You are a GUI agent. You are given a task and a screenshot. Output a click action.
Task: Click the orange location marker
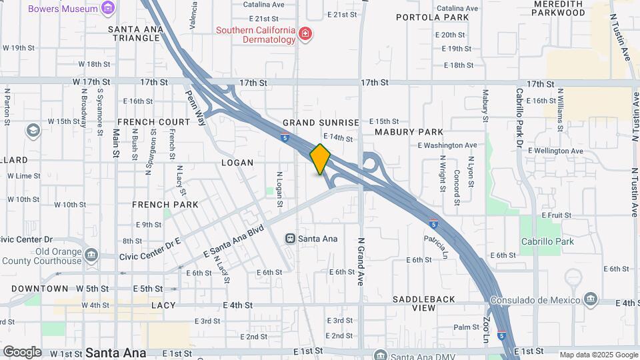320,159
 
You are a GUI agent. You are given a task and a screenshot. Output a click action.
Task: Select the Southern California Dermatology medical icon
305,34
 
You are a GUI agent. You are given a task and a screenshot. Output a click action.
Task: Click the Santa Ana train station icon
291,238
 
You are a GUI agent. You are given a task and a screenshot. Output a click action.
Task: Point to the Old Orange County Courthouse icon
91,255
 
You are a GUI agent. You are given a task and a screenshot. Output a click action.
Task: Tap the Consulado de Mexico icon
591,300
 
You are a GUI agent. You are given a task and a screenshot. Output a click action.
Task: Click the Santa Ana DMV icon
380,355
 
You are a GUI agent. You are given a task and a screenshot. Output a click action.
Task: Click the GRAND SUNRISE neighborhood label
321,123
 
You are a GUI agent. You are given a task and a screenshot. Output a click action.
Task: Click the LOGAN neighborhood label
237,163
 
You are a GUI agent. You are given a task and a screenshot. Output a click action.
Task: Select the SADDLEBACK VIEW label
423,303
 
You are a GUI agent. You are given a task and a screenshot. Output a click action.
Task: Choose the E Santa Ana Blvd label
233,243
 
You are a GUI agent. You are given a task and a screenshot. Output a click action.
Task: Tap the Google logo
21,351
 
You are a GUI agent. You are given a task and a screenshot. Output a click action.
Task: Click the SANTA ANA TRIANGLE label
135,33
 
